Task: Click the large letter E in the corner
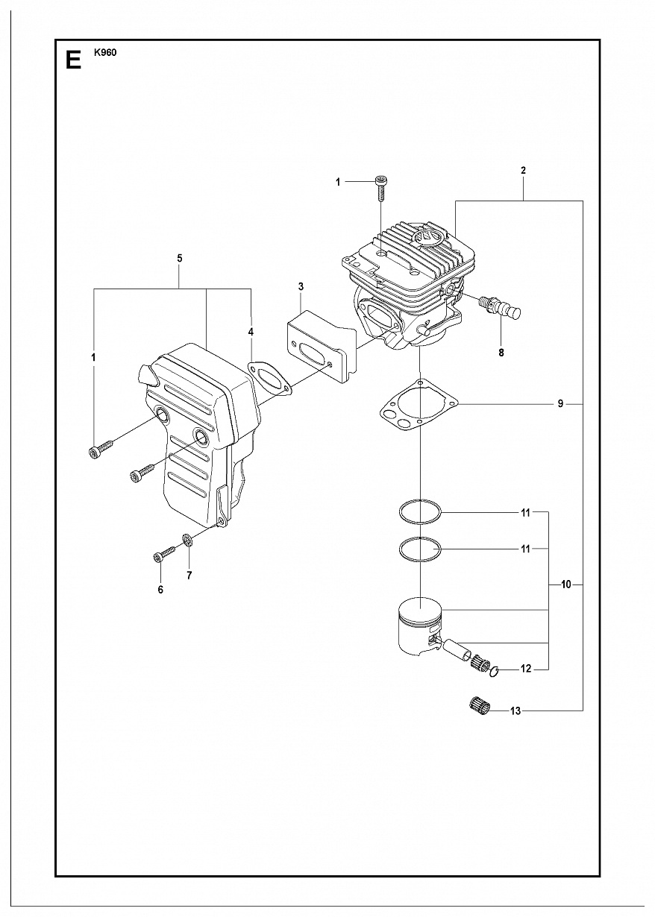pyautogui.click(x=73, y=61)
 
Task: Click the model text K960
pyautogui.click(x=105, y=53)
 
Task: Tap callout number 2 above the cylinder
pyautogui.click(x=523, y=171)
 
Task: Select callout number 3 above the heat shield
pyautogui.click(x=301, y=286)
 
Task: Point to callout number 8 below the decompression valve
pyautogui.click(x=501, y=353)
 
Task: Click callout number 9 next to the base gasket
pyautogui.click(x=560, y=405)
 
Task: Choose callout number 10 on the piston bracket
pyautogui.click(x=565, y=585)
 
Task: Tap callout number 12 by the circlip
pyautogui.click(x=526, y=669)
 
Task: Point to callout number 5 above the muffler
pyautogui.click(x=180, y=258)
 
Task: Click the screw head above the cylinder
pyautogui.click(x=381, y=180)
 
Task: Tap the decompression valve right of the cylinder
pyautogui.click(x=499, y=307)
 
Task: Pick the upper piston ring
pyautogui.click(x=420, y=511)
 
